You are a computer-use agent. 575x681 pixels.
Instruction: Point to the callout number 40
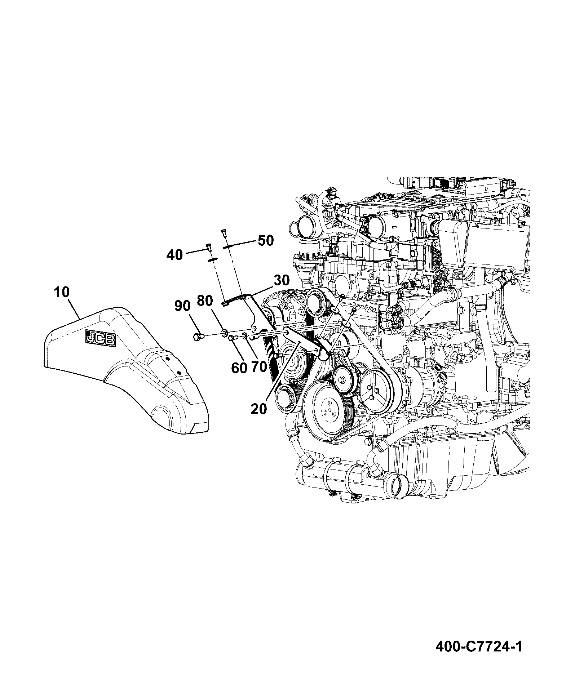[x=175, y=255]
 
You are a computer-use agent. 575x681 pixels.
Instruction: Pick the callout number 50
[x=266, y=240]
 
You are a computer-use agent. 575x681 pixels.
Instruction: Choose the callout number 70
[x=259, y=367]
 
